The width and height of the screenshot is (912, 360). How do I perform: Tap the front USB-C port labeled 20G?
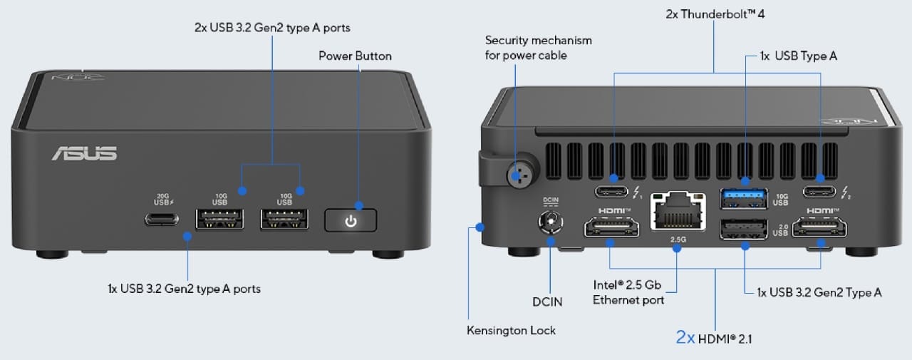pos(162,219)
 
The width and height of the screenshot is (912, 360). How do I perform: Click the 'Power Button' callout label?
pos(355,56)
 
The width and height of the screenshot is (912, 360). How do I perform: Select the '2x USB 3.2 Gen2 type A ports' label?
pos(272,28)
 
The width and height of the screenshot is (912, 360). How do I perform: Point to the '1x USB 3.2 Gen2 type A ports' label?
pos(184,289)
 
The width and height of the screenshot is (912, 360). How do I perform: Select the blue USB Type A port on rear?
pos(745,197)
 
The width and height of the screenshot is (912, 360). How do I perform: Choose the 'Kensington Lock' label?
pos(511,330)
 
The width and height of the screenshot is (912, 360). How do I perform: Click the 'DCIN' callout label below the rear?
pos(548,302)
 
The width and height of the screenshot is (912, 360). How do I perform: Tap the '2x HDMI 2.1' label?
pos(714,338)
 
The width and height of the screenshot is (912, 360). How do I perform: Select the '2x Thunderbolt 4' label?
pos(715,14)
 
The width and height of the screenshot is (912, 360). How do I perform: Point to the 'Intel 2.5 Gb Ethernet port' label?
pos(628,292)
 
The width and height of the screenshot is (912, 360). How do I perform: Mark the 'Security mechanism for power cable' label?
pos(538,48)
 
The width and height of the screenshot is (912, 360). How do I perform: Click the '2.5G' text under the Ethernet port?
pos(678,240)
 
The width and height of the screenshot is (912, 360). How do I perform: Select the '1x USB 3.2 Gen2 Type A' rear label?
pos(819,292)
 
